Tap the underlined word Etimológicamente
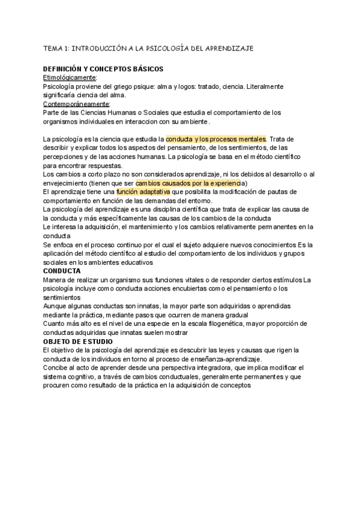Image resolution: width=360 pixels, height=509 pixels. (70, 78)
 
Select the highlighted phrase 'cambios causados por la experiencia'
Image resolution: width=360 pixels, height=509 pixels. (188, 182)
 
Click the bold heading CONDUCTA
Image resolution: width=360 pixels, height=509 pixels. (62, 271)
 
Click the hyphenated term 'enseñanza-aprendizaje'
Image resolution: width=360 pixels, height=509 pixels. (227, 358)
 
